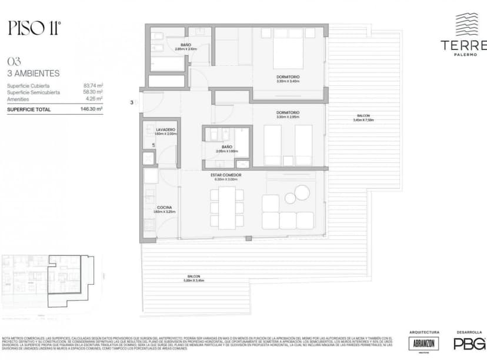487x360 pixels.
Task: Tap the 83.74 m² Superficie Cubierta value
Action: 93,86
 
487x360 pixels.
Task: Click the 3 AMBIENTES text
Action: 34,74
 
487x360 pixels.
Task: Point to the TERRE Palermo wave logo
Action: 469,25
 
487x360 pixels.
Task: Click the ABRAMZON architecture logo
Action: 424,344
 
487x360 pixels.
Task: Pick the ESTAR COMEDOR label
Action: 226,175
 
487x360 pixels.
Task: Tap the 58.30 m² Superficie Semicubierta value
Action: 93,92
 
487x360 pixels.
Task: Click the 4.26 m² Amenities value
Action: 94,99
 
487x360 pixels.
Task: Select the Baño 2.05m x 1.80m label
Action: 226,149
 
